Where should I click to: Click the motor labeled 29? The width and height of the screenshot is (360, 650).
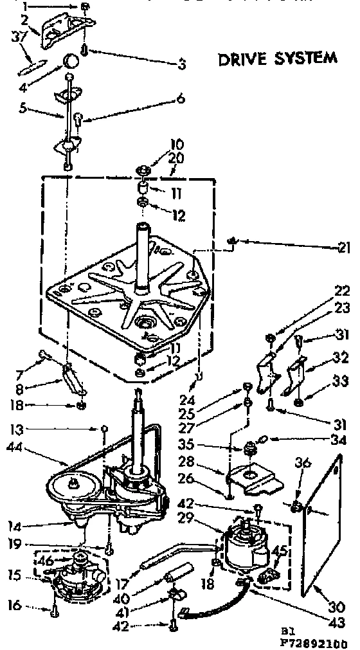click(245, 550)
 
